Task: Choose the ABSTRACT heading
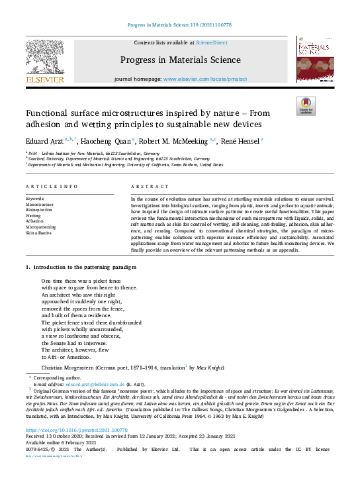(146, 187)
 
